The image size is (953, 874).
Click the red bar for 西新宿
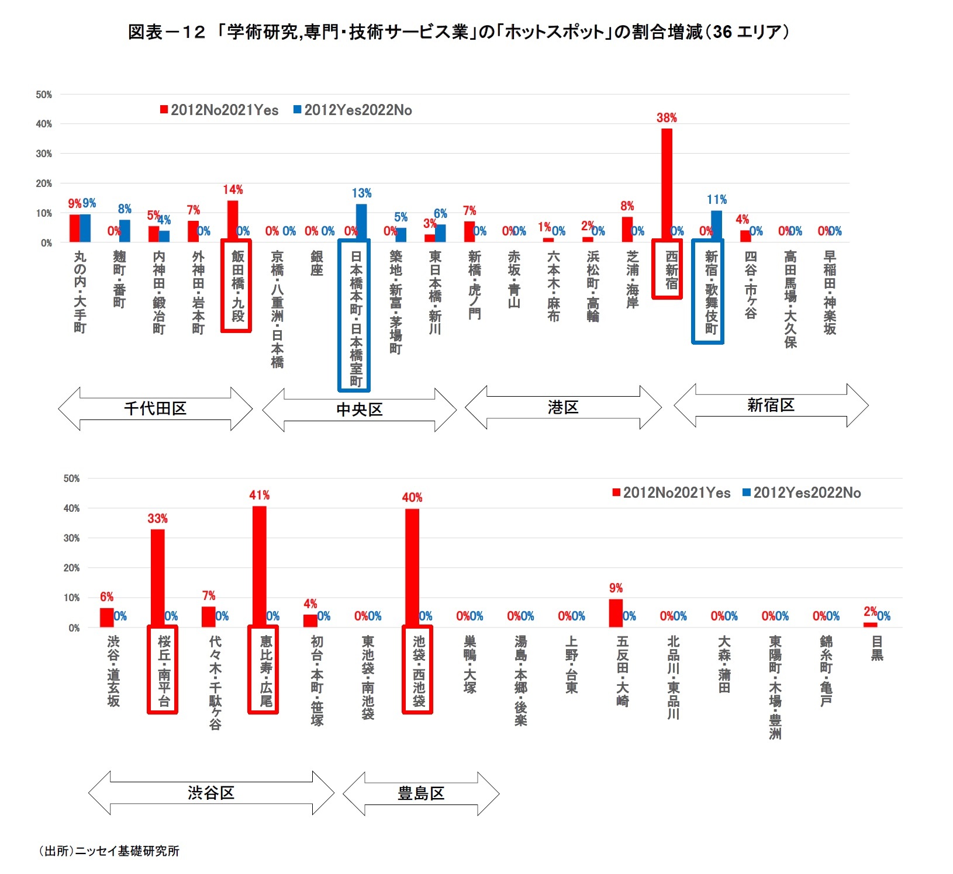(667, 185)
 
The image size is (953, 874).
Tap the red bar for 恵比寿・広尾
(259, 567)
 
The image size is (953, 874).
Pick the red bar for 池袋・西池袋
(412, 568)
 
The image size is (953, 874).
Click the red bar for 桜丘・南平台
(157, 578)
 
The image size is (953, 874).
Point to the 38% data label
(667, 118)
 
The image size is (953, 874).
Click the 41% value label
(259, 495)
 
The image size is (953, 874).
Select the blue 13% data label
(361, 193)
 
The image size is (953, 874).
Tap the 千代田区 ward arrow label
(155, 408)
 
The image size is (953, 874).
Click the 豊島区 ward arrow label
(421, 793)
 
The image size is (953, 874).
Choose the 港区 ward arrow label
(563, 407)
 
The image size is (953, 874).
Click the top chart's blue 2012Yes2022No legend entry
(353, 110)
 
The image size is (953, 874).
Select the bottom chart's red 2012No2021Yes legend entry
(671, 493)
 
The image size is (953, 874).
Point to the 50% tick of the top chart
(44, 95)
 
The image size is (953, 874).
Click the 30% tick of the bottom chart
(71, 538)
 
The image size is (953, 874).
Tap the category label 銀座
(317, 263)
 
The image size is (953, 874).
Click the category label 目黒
(877, 648)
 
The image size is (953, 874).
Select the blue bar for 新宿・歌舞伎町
(716, 226)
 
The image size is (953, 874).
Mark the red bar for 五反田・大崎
(616, 613)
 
